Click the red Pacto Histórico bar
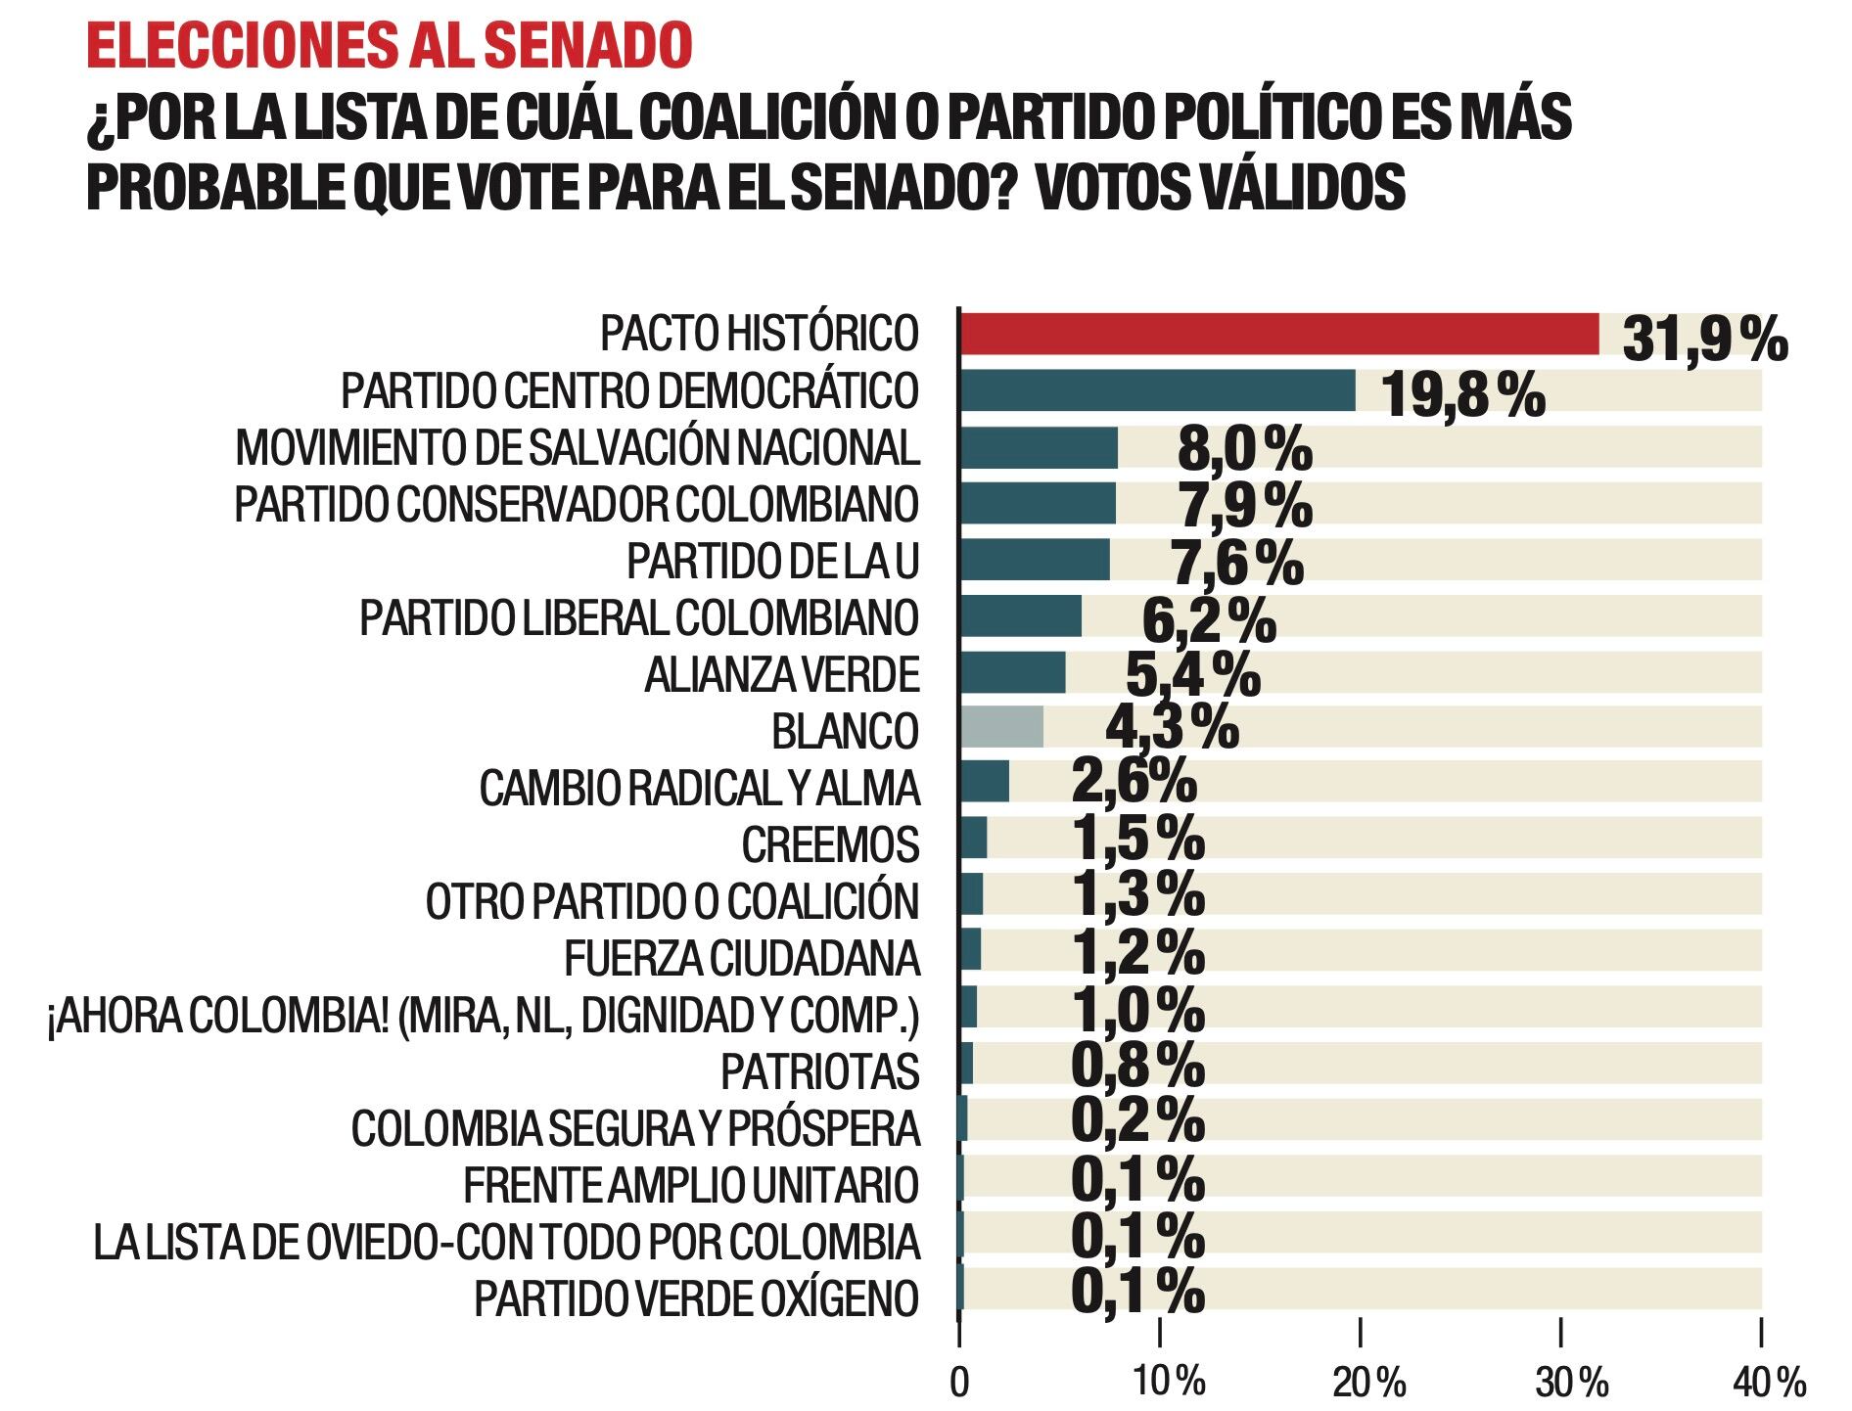pos(1278,334)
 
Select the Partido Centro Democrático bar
pos(1157,390)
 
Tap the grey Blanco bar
pos(1001,727)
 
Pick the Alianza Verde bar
pos(1012,672)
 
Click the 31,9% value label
pos(1704,340)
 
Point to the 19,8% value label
pos(1462,395)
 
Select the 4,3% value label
pos(1172,727)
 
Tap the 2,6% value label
pos(1134,783)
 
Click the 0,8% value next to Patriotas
pos(1138,1066)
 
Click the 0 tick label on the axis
pos(959,1382)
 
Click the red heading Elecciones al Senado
pos(389,46)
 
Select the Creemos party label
pos(830,844)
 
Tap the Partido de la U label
pos(772,562)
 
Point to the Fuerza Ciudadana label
pos(742,958)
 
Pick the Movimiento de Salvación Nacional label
pos(578,448)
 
